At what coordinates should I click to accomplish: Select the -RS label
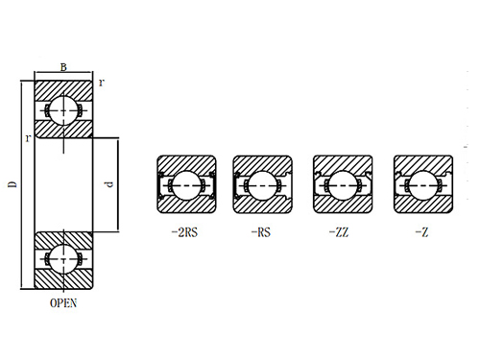pos(259,231)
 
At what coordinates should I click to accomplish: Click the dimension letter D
pos(11,183)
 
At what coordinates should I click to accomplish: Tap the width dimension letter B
pos(63,67)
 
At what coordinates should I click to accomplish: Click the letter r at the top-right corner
pos(102,83)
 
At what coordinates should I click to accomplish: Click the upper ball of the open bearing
pos(63,108)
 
